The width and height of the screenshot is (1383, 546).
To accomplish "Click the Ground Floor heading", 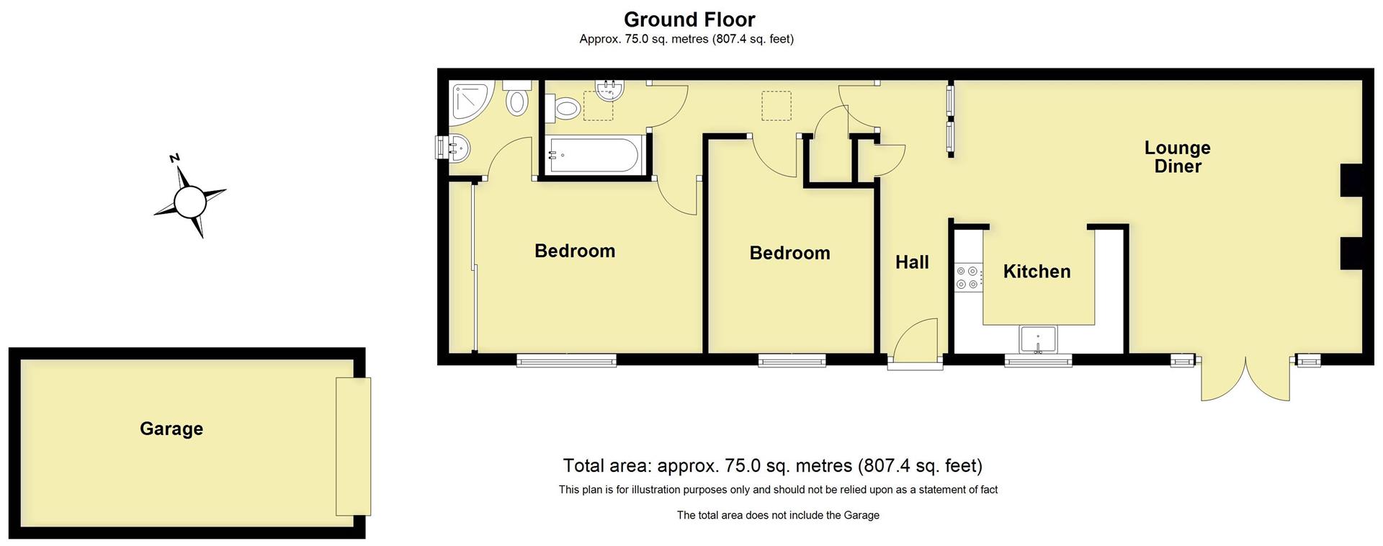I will pyautogui.click(x=689, y=19).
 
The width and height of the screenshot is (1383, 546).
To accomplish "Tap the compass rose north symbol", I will pyautogui.click(x=190, y=200).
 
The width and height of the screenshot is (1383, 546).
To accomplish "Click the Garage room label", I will pyautogui.click(x=171, y=429).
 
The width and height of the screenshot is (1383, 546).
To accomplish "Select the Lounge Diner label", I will pyautogui.click(x=1177, y=157).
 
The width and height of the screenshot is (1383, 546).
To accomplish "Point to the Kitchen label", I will pyautogui.click(x=1037, y=272).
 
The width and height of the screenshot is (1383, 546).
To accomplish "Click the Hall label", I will pyautogui.click(x=911, y=262).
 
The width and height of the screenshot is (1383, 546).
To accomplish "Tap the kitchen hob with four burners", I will pyautogui.click(x=967, y=277).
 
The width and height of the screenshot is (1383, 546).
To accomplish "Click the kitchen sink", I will pyautogui.click(x=1038, y=339).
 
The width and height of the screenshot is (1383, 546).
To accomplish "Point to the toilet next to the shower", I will pyautogui.click(x=516, y=98).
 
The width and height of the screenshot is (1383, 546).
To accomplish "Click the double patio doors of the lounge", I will pyautogui.click(x=1245, y=378).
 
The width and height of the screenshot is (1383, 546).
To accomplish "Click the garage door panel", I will pyautogui.click(x=353, y=446).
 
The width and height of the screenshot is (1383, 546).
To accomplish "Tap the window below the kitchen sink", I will pyautogui.click(x=1038, y=360).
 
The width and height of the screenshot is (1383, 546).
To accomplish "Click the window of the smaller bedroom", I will pyautogui.click(x=792, y=360).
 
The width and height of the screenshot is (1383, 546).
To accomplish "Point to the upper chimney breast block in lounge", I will pyautogui.click(x=1351, y=180).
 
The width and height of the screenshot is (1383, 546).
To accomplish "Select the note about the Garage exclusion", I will pyautogui.click(x=778, y=515).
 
